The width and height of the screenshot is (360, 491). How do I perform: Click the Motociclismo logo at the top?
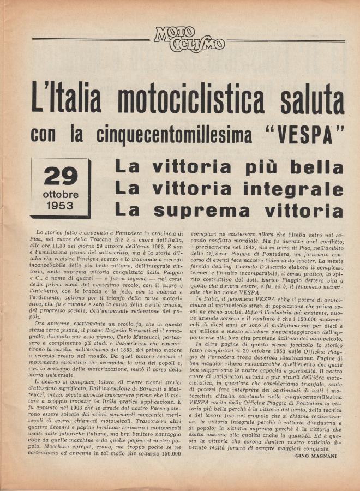click(189, 40)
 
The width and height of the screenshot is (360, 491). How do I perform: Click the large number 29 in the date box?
click(61, 176)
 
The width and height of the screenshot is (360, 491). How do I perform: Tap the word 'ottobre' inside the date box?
click(61, 195)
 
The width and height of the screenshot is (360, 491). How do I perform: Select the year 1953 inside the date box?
click(61, 206)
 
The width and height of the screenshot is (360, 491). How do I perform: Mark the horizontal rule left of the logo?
click(91, 39)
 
